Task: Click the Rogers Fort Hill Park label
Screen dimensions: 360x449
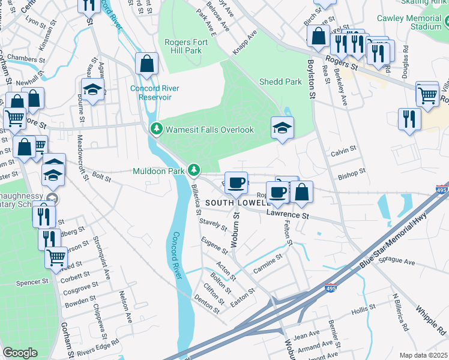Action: pyautogui.click(x=184, y=46)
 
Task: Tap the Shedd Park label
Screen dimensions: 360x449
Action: pyautogui.click(x=280, y=82)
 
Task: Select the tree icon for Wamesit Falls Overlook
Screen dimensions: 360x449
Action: pyautogui.click(x=156, y=129)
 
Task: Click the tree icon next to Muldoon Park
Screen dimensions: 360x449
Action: pyautogui.click(x=193, y=171)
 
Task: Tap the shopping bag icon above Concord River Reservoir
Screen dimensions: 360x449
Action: pyautogui.click(x=146, y=64)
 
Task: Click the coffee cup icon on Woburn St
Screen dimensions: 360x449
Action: pyautogui.click(x=235, y=182)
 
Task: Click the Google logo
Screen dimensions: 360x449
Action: pyautogui.click(x=20, y=353)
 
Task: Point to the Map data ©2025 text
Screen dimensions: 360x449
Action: pyautogui.click(x=423, y=355)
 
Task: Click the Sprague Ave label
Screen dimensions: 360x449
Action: pyautogui.click(x=397, y=263)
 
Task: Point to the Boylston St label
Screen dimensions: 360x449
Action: pyautogui.click(x=312, y=79)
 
